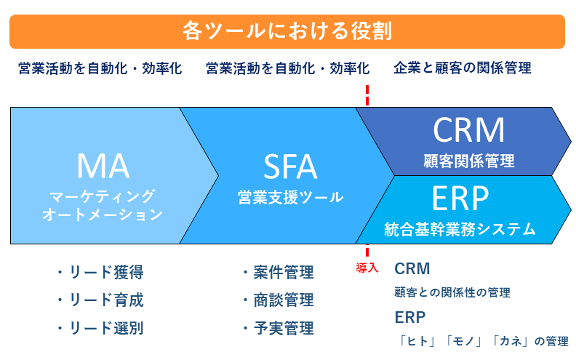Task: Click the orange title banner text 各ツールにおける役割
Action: point(287,31)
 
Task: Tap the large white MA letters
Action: point(103,167)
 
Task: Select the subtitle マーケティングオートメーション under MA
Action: point(103,205)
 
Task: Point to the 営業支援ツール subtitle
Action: point(290,198)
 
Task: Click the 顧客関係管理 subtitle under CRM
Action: point(468,160)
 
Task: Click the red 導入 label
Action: point(367,268)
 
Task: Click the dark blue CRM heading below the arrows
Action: point(412,269)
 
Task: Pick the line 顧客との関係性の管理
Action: point(452,293)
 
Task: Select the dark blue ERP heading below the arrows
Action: point(410,318)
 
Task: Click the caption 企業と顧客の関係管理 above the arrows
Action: point(463,68)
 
